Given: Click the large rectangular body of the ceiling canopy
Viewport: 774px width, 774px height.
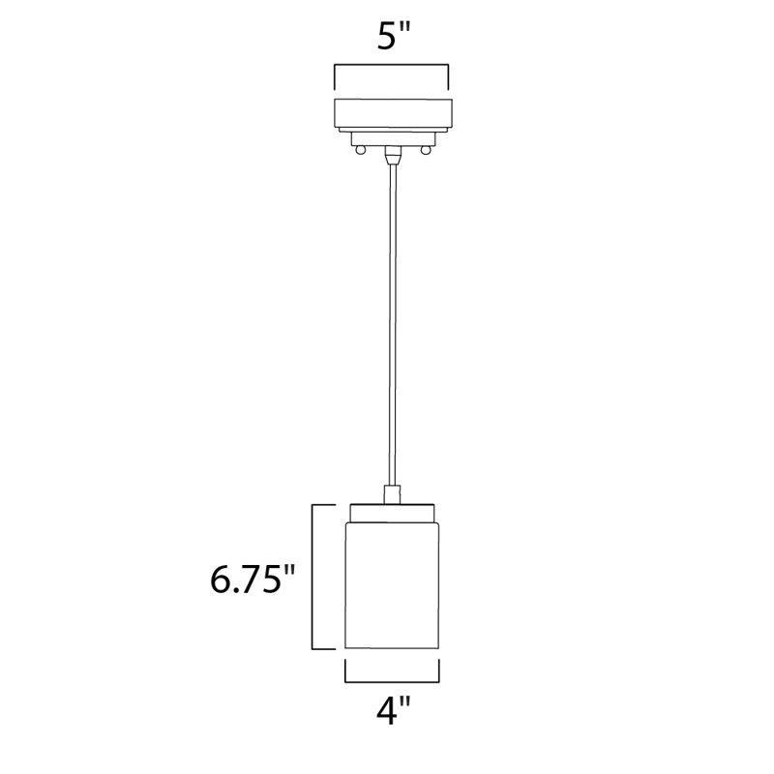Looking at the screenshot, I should (391, 112).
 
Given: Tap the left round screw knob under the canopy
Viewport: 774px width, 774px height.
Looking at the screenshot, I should (359, 149).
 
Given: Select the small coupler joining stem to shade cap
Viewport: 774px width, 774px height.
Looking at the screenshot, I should (391, 493).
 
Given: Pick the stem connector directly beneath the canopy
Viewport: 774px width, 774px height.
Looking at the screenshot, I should (391, 152).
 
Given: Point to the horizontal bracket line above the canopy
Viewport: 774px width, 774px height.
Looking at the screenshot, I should (391, 66).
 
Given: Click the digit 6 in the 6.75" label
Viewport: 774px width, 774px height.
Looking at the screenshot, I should (222, 580).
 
